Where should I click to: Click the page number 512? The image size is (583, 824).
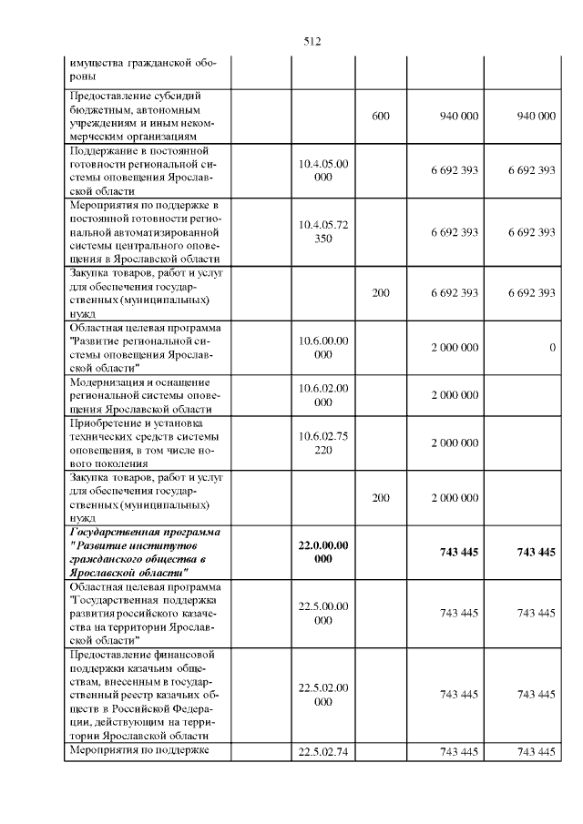[x=313, y=42]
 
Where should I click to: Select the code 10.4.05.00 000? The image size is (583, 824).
[x=323, y=170]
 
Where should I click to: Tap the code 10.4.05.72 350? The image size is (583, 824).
[x=323, y=232]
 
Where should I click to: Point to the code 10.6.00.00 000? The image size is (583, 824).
[x=323, y=347]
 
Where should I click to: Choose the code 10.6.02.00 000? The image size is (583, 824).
[x=323, y=395]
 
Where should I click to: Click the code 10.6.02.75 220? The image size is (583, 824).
[x=323, y=443]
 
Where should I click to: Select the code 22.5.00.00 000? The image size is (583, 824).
[x=323, y=613]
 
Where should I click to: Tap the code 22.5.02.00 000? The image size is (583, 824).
[x=323, y=695]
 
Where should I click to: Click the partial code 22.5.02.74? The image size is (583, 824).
[x=323, y=751]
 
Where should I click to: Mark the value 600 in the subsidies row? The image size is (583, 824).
[x=381, y=117]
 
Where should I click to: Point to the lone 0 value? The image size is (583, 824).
[x=552, y=348]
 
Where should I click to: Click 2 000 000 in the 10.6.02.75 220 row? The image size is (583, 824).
[x=455, y=443]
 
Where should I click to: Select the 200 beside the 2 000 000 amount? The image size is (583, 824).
[x=381, y=498]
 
